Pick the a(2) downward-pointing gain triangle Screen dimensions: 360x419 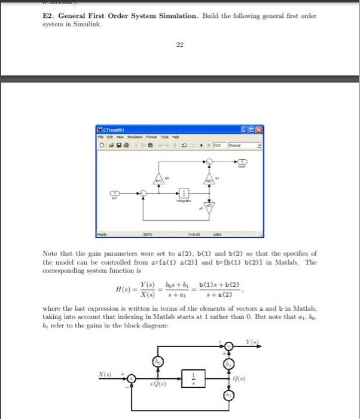click(209, 207)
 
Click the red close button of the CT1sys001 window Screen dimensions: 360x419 click(260, 129)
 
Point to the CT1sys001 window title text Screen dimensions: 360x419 click(112, 129)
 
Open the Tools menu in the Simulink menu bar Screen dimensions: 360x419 click(157, 137)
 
